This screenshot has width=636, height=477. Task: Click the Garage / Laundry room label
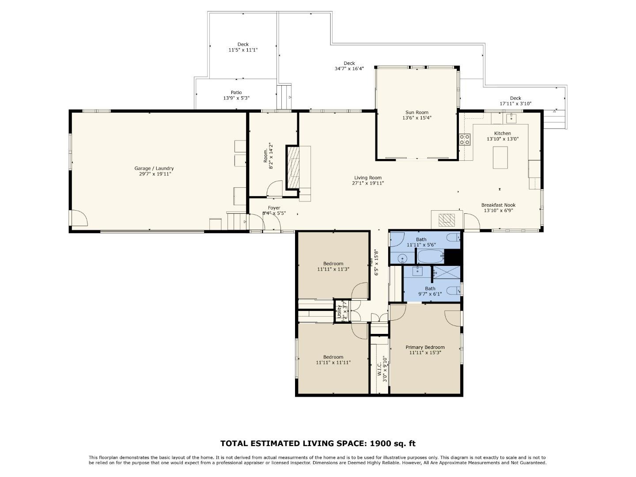154,168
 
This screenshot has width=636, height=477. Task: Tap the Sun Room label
416,113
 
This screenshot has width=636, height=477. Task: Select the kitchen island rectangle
500,157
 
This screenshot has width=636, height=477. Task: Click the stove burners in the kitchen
465,140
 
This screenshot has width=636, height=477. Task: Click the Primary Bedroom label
425,347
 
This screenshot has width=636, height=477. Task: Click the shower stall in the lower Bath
446,273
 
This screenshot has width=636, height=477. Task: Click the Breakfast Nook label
498,205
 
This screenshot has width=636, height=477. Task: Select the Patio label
236,92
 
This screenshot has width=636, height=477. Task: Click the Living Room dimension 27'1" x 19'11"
367,183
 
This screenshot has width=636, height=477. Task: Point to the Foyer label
274,208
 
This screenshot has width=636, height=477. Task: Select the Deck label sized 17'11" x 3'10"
515,98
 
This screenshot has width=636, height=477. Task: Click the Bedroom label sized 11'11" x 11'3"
333,264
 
